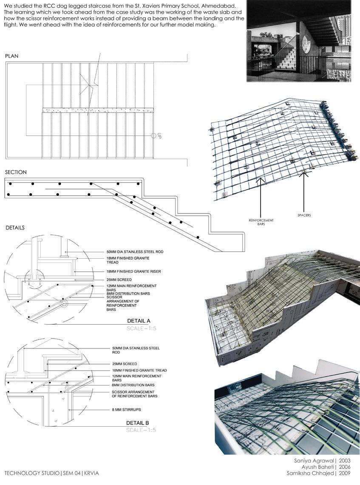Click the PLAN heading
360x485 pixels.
pyautogui.click(x=11, y=56)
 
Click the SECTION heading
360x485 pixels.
pyautogui.click(x=16, y=172)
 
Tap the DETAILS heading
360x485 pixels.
pyautogui.click(x=15, y=228)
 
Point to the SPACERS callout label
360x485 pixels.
pyautogui.click(x=304, y=215)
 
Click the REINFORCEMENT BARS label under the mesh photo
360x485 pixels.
pyautogui.click(x=261, y=222)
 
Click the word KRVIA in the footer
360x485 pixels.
pyautogui.click(x=93, y=473)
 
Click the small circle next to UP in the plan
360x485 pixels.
pyautogui.click(x=154, y=136)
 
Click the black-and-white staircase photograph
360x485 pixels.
pyautogui.click(x=299, y=41)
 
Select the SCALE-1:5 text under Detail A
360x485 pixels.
pyautogui.click(x=141, y=328)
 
